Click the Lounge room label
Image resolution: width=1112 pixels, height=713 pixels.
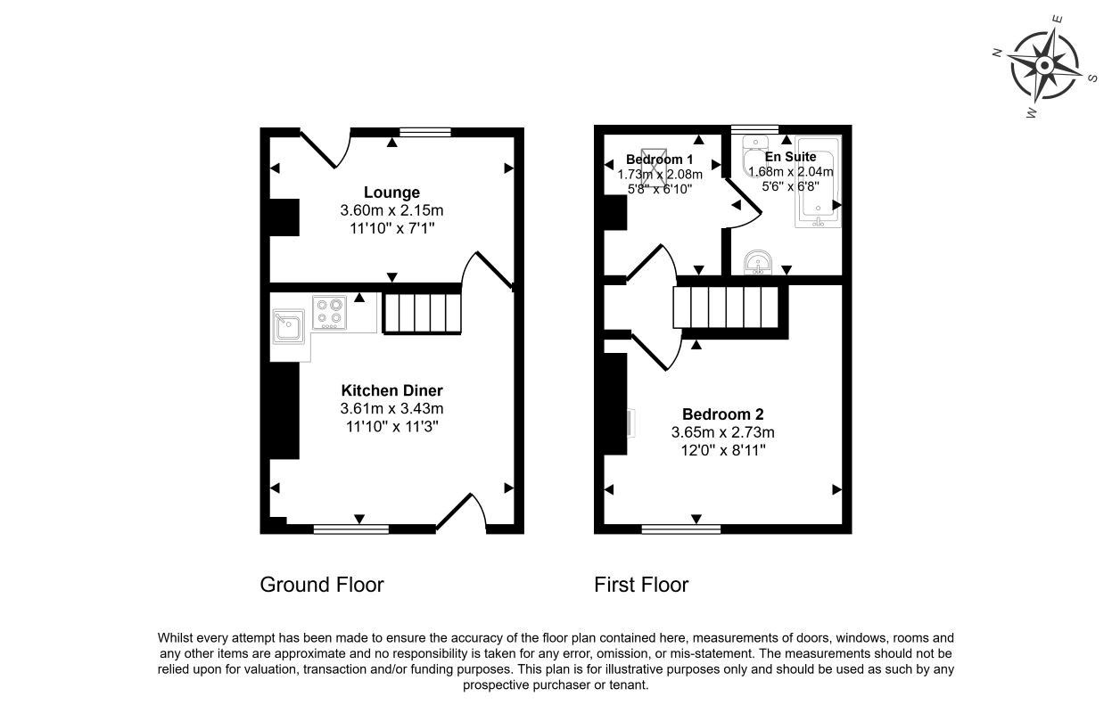391,192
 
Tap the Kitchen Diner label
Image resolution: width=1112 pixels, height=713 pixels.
391,390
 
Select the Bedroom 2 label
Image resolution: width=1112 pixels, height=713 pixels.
723,414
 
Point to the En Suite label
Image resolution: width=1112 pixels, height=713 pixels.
790,157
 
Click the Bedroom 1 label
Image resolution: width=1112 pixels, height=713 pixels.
659,160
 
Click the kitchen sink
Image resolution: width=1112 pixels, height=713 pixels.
288,326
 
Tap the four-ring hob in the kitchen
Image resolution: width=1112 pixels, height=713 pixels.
329,313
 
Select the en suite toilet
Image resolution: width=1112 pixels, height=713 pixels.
754,156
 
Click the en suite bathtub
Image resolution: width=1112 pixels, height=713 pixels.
818,182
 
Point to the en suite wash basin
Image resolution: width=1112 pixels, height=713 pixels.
758,262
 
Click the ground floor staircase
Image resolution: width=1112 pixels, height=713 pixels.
423,313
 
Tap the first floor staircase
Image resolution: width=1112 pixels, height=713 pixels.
726,307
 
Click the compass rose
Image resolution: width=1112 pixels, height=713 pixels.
1045,65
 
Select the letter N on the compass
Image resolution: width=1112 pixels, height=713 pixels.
997,53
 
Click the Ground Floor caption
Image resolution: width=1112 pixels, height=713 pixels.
322,585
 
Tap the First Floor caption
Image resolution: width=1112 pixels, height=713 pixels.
641,585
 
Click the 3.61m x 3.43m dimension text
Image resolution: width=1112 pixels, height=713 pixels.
391,408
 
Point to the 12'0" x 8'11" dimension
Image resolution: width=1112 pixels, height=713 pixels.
723,450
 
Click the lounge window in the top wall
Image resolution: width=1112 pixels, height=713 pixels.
425,132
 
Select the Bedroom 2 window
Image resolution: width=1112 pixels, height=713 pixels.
680,529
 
